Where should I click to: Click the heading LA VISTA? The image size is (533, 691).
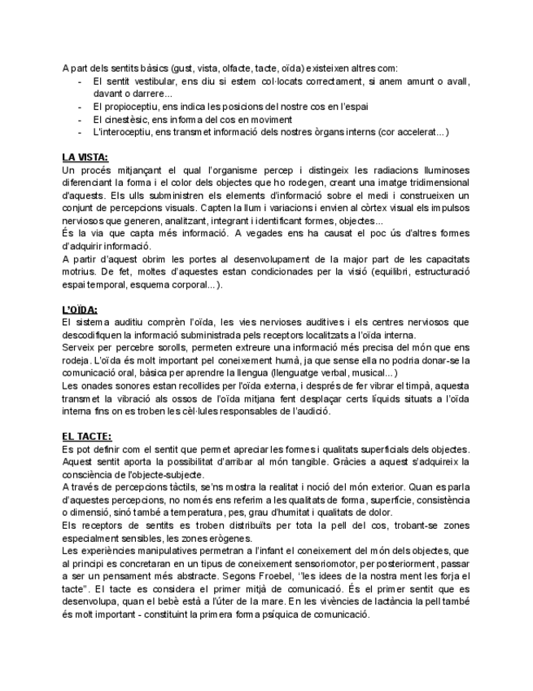coord(85,156)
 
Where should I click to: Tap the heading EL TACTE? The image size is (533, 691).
coord(87,437)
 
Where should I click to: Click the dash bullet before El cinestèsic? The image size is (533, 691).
coord(80,119)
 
